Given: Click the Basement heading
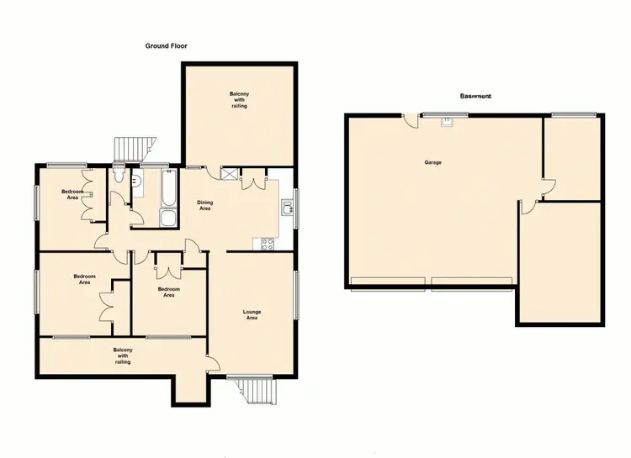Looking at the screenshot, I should pos(475,97).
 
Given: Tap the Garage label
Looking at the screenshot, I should pos(433,162).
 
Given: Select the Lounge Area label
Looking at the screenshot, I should pos(252,315).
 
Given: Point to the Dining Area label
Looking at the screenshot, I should pos(205,205).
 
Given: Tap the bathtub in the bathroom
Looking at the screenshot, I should pos(166,190).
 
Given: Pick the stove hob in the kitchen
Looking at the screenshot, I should pos(268,245).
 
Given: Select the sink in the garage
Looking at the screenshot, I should pos(448,121).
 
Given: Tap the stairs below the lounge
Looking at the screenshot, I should pos(256,390).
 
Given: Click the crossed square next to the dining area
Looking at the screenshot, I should pos(228,174).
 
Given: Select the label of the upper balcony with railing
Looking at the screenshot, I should pos(239,99).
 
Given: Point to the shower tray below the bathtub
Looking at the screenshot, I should pos(167,219).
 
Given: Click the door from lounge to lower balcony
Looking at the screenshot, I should pos(213,362).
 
